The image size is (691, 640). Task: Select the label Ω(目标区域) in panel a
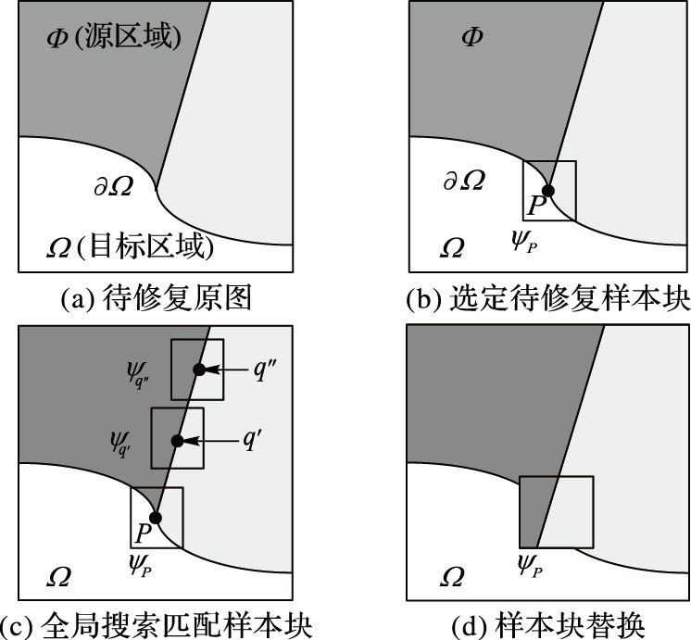130,247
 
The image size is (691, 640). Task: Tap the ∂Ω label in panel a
113,185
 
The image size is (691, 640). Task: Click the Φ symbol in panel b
472,37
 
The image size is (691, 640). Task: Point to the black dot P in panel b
547,192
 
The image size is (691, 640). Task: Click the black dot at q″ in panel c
197,370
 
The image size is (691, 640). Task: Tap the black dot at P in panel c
156,518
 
